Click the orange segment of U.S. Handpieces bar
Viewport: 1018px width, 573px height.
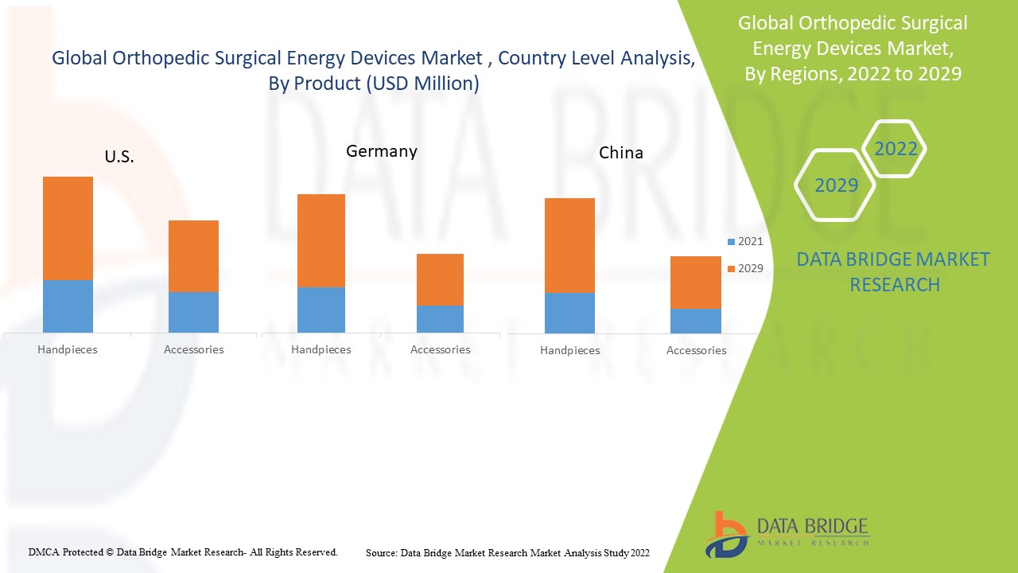pyautogui.click(x=68, y=228)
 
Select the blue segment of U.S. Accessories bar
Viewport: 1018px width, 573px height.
pyautogui.click(x=193, y=312)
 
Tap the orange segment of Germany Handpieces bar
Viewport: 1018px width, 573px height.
pyautogui.click(x=321, y=240)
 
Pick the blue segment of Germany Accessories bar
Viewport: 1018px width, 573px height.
pyautogui.click(x=440, y=318)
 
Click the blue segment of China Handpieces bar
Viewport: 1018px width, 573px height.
pyautogui.click(x=569, y=313)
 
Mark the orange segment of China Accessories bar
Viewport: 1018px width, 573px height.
pyautogui.click(x=696, y=283)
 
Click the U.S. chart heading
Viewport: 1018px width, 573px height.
pyautogui.click(x=119, y=157)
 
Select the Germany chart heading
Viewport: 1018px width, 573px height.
pyautogui.click(x=381, y=151)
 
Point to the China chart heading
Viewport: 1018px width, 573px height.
pyautogui.click(x=621, y=153)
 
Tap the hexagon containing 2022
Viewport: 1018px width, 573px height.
pyautogui.click(x=896, y=149)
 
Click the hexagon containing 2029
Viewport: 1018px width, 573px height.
pyautogui.click(x=836, y=185)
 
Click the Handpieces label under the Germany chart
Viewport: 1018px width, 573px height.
pyautogui.click(x=321, y=349)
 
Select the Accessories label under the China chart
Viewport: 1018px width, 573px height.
pyautogui.click(x=696, y=350)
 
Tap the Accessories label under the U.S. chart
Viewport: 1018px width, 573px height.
pyautogui.click(x=193, y=349)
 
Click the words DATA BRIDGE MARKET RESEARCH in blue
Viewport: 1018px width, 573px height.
pyautogui.click(x=893, y=271)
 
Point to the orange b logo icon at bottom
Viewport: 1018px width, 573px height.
pyautogui.click(x=725, y=534)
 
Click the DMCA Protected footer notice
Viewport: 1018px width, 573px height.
pyautogui.click(x=183, y=552)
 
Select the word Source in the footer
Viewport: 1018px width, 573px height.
pyautogui.click(x=381, y=552)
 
